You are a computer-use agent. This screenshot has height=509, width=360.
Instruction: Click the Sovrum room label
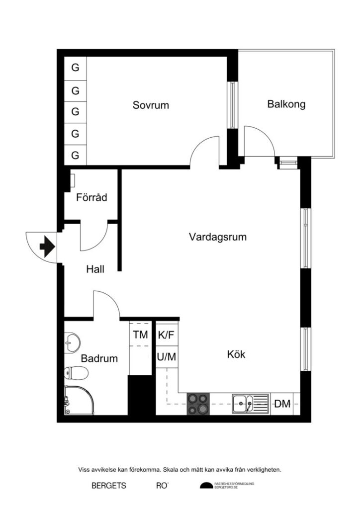pos(151,105)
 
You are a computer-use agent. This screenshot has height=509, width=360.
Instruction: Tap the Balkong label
pos(286,104)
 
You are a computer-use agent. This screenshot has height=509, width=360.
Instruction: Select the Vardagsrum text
pos(218,237)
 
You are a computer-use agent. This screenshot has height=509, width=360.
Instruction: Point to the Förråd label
pos(91,197)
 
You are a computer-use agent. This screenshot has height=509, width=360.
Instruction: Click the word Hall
pos(95,269)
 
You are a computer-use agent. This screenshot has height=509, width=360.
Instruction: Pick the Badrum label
pos(99,358)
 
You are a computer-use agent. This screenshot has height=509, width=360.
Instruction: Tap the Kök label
pos(236,355)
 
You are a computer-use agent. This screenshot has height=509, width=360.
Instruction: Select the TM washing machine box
pos(140,335)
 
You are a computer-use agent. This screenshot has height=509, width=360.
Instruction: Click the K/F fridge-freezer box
pos(166,335)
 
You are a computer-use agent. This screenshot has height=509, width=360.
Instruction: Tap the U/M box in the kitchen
pos(166,356)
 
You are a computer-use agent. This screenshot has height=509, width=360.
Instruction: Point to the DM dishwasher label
pos(283,404)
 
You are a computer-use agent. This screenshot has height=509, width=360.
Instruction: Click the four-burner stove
pos(198,404)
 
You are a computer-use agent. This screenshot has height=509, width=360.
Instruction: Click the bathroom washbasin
pos(73,340)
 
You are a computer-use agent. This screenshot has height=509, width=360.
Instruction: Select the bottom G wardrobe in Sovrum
pos(76,155)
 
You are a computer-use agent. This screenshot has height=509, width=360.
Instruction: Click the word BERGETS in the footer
pos(109,486)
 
